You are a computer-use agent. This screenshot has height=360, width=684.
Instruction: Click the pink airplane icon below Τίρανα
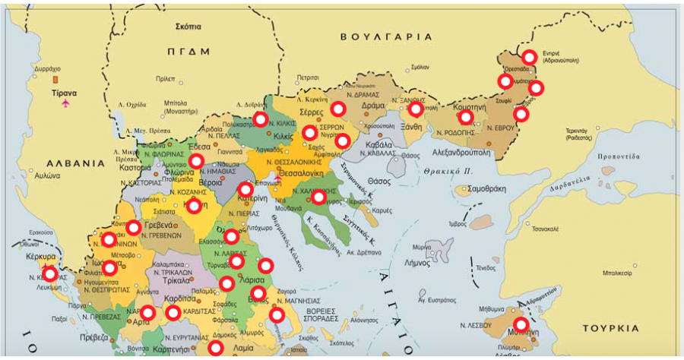pyautogui.click(x=65, y=103)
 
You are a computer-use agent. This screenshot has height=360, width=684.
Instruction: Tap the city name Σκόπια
pyautogui.click(x=188, y=26)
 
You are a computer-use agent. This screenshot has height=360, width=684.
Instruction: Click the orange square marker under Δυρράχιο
pyautogui.click(x=53, y=79)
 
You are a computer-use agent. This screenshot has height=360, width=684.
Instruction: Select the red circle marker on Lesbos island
pyautogui.click(x=521, y=324)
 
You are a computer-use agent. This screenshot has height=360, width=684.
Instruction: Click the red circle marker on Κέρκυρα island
pyautogui.click(x=50, y=274)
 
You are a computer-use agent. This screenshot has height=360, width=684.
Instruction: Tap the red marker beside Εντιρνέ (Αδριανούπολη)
pyautogui.click(x=529, y=57)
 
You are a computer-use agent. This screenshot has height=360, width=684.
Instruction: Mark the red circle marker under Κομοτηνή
pyautogui.click(x=466, y=118)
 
